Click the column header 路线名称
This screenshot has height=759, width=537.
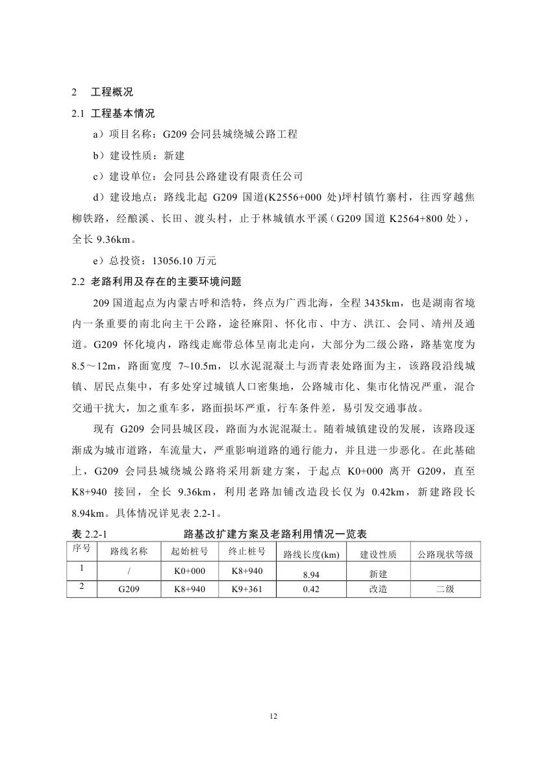point(129,553)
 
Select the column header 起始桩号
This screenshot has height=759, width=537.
point(190,552)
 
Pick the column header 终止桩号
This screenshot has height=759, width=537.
point(246,552)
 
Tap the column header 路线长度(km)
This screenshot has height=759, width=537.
point(312,554)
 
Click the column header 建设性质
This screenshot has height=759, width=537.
point(378,554)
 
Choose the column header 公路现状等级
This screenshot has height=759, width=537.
point(445,554)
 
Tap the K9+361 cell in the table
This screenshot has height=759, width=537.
point(246,590)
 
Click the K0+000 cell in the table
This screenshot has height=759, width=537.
point(190,571)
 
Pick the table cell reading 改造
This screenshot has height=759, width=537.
point(378,590)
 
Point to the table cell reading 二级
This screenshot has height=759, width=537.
point(445,590)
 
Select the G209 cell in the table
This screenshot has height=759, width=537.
point(129,590)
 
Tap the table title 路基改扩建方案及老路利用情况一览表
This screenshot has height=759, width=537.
point(276,534)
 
